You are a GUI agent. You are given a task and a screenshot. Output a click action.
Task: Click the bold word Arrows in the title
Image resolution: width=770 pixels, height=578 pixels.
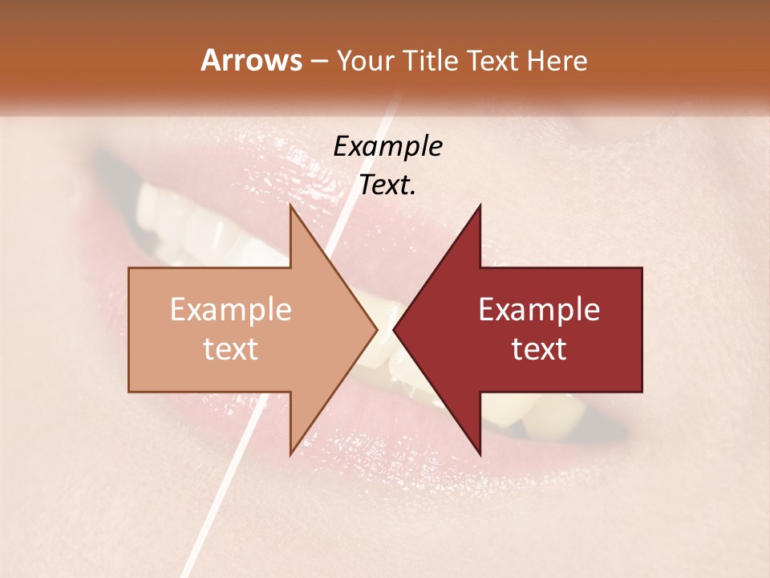tap(251, 60)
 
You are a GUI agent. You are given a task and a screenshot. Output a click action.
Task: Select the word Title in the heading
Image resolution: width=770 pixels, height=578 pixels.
tap(428, 60)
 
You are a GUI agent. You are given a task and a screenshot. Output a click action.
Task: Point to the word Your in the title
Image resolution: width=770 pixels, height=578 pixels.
tap(365, 61)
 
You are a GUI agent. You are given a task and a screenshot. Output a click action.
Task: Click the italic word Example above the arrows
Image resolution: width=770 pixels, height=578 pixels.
tap(388, 147)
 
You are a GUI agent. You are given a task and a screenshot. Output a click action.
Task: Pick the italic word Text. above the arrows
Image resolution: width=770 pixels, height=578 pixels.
tap(388, 185)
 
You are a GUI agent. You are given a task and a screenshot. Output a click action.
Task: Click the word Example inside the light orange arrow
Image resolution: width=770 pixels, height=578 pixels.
tap(231, 309)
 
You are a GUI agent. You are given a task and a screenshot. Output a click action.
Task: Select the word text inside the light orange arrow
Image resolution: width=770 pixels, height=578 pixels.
tap(231, 348)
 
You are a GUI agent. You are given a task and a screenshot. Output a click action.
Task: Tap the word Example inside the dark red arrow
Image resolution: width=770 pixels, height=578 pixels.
tap(539, 309)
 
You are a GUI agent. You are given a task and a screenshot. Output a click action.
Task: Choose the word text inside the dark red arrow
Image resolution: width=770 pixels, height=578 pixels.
tap(539, 348)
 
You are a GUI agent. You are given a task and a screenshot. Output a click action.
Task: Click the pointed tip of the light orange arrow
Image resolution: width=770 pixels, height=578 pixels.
tap(377, 329)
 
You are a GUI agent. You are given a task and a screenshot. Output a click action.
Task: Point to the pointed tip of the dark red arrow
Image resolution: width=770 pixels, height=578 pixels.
tap(394, 329)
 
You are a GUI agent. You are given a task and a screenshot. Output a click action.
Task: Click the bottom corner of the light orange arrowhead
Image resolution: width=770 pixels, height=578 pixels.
tap(290, 454)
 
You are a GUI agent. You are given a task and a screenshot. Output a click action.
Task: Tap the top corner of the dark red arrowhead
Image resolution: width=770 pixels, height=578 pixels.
tap(480, 206)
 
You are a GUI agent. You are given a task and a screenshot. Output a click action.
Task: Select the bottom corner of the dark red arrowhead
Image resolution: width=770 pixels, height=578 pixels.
tap(480, 454)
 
